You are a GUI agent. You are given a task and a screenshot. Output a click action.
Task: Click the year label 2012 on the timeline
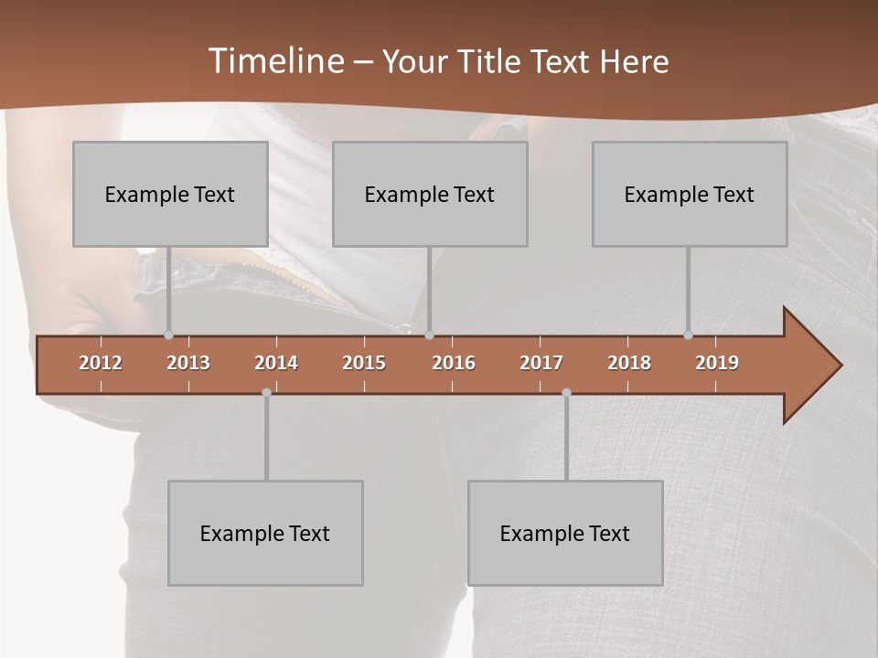[101, 363]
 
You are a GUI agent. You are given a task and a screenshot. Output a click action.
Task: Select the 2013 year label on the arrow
[188, 363]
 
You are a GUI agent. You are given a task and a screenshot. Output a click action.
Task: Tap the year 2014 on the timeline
[276, 363]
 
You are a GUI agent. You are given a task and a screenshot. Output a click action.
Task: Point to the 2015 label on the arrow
[364, 363]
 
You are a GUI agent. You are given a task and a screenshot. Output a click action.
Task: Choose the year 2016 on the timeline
[454, 363]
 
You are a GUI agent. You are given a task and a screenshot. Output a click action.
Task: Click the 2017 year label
[541, 363]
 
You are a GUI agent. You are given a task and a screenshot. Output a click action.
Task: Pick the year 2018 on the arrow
[629, 363]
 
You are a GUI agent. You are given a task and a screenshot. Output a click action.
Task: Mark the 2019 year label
[717, 363]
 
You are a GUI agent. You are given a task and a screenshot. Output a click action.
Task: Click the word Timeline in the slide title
[273, 61]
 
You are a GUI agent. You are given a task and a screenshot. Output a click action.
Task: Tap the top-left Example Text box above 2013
[170, 194]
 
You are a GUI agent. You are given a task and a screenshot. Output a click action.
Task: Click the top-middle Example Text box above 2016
[430, 194]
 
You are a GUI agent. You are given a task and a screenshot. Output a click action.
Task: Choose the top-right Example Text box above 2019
[690, 194]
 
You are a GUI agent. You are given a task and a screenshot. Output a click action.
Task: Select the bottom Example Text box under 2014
[265, 533]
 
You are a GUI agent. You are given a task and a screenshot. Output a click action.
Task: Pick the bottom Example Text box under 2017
[565, 533]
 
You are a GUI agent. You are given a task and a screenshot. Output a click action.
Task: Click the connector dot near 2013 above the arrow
[168, 335]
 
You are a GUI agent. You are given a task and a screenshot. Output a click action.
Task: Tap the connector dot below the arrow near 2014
[266, 392]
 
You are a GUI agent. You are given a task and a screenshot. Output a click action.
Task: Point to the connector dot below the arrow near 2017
[566, 392]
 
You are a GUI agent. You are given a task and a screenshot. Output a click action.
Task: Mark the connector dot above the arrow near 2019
[688, 335]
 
